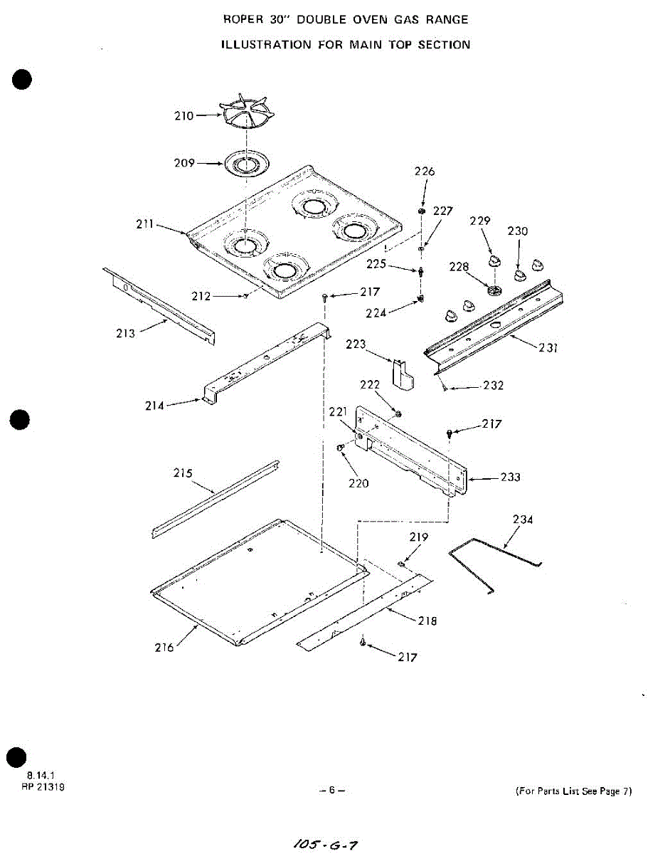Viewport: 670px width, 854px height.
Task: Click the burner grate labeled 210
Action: pyautogui.click(x=246, y=115)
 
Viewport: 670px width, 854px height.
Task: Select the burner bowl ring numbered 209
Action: pyautogui.click(x=245, y=164)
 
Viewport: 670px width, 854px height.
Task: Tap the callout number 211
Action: pyautogui.click(x=145, y=225)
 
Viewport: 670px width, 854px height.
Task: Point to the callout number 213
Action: pyautogui.click(x=125, y=333)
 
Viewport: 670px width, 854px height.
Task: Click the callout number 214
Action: pyautogui.click(x=154, y=406)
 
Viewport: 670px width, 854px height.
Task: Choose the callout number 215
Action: pyautogui.click(x=184, y=473)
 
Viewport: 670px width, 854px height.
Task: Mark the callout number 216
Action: pyautogui.click(x=164, y=647)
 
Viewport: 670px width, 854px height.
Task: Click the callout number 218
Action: pyautogui.click(x=427, y=621)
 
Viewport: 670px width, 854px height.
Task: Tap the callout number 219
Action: pyautogui.click(x=419, y=537)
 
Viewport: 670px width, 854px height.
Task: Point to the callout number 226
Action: pyautogui.click(x=425, y=172)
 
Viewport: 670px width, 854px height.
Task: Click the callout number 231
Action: pyautogui.click(x=548, y=348)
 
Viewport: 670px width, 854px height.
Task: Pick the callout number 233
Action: pyautogui.click(x=510, y=477)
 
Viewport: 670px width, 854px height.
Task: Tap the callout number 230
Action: pyautogui.click(x=518, y=231)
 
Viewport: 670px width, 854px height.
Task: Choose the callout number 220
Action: pyautogui.click(x=358, y=483)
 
